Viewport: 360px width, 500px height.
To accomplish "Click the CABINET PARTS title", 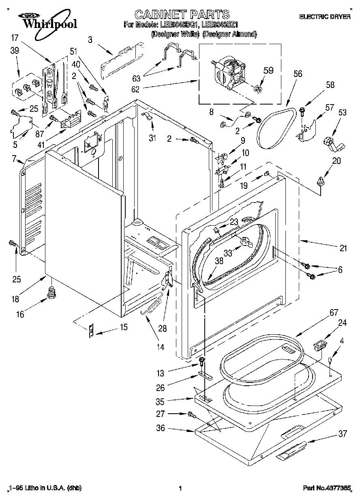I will point(182,15).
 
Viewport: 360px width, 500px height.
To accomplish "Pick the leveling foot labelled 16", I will point(51,292).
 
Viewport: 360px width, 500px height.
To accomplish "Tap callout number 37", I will point(343,434).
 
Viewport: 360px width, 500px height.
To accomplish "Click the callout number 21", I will point(343,248).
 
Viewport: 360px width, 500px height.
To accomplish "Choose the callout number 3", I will point(90,39).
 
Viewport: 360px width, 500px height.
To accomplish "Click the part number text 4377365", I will point(339,488).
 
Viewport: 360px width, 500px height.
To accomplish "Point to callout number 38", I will point(219,261).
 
